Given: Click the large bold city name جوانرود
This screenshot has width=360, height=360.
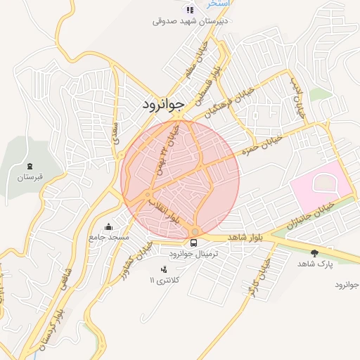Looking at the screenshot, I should coord(162,104).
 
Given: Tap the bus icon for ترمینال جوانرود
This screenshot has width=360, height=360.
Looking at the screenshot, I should coord(193,242).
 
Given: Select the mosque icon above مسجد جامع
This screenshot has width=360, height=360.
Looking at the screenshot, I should coord(108,226).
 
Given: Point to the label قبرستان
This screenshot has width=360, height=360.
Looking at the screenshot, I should coord(29,176).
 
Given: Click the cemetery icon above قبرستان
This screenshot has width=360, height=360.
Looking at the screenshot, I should coord(29,165).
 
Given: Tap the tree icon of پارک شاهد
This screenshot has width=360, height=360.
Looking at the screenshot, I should coord(314,252).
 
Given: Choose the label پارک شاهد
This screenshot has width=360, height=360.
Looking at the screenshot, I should coord(314,263).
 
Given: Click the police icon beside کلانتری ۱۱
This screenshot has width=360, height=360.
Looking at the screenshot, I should coord(165,269).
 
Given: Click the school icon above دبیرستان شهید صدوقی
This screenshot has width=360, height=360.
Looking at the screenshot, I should coord(188,10).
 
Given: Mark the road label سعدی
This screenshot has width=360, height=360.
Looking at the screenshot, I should coord(115,134).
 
